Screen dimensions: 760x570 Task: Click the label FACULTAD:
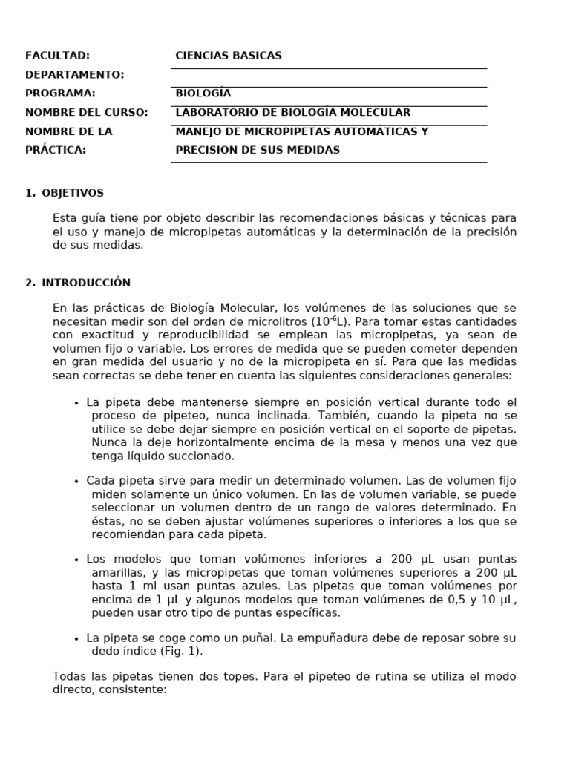pos(57,56)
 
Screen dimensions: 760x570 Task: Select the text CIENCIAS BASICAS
pos(229,56)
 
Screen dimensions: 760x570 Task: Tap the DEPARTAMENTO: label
pos(74,75)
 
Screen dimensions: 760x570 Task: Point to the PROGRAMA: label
pos(60,94)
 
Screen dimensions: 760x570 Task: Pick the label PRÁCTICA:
pos(56,150)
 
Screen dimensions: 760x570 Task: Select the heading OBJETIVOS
pos(73,193)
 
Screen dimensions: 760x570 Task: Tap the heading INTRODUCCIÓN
pos(86,283)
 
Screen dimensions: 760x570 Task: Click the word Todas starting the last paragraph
pos(70,677)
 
